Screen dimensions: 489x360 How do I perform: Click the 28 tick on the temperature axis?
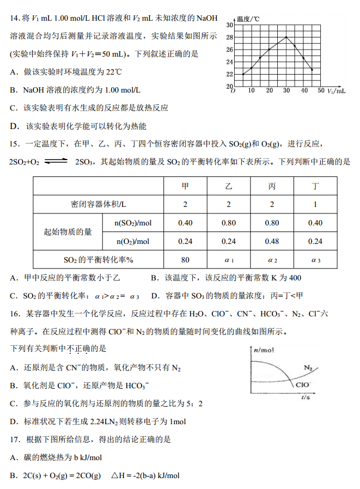pos(229,37)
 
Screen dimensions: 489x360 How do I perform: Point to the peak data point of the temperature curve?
pos(286,37)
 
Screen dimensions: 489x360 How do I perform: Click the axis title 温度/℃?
pos(248,19)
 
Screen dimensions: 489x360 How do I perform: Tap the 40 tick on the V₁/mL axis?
pos(304,90)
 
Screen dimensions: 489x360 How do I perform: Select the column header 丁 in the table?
pos(315,186)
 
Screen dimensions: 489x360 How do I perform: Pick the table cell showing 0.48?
pos(272,241)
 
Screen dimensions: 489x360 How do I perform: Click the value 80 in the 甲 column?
pos(185,260)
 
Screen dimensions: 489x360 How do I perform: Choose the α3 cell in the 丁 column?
pos(315,260)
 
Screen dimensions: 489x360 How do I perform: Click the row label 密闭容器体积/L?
pos(99,204)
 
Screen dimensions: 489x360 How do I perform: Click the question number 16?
pos(15,314)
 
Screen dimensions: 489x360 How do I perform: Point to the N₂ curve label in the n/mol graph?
pos(308,369)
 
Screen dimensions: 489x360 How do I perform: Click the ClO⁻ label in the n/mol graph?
pos(303,384)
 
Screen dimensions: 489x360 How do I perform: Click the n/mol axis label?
pos(263,350)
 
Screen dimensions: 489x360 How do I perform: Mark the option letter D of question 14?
pos(14,126)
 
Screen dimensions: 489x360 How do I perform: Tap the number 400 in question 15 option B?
pos(294,278)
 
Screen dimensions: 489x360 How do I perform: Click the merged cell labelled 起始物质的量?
pos(68,232)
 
